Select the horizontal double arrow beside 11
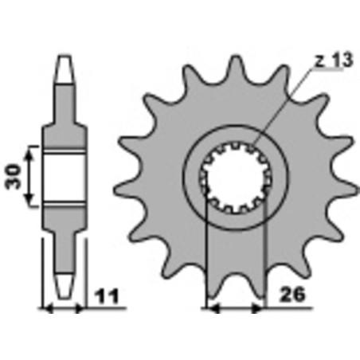coord(62,307)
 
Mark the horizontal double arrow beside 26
coord(235,307)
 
